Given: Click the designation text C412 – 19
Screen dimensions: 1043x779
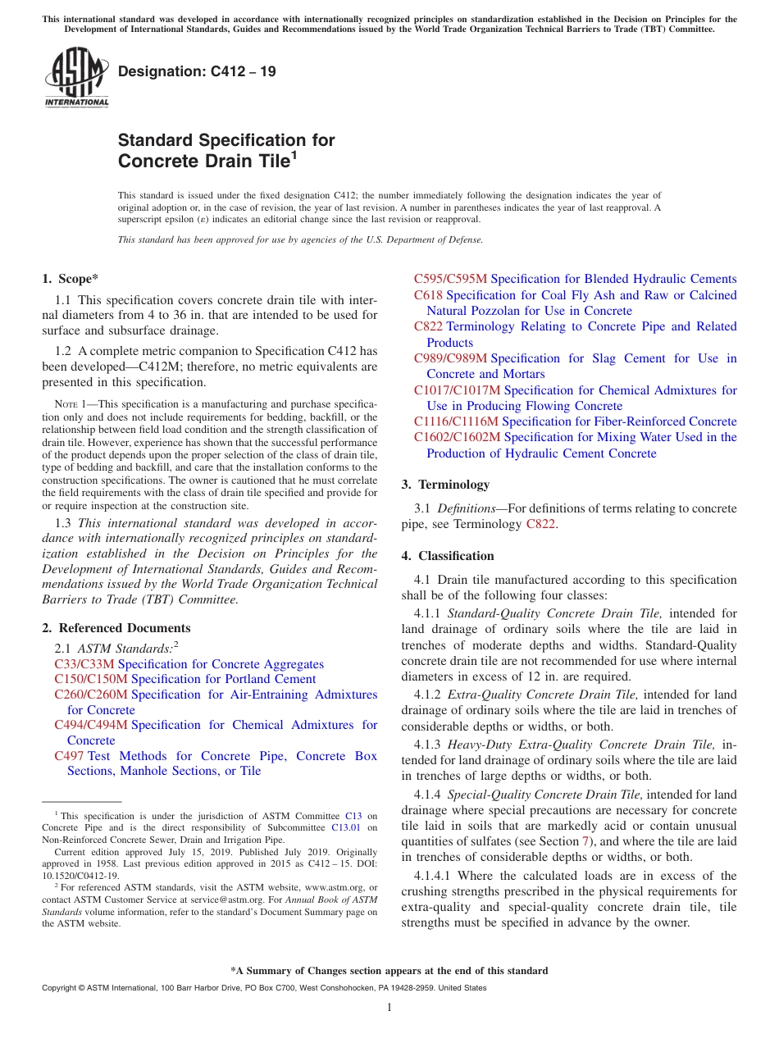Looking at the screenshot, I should pyautogui.click(x=197, y=71).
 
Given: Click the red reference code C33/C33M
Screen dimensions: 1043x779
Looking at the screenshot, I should pyautogui.click(x=84, y=664).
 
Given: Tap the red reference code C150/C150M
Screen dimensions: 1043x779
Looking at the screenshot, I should pyautogui.click(x=91, y=679).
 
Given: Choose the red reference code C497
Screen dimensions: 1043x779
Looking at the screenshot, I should pyautogui.click(x=69, y=756).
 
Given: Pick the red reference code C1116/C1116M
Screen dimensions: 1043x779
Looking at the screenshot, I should pyautogui.click(x=456, y=421).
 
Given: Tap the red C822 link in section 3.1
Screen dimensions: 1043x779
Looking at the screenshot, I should pyautogui.click(x=541, y=524).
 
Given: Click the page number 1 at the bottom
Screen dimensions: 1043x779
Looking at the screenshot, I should pyautogui.click(x=389, y=1007).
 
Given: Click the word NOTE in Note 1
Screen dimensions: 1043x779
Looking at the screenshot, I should pyautogui.click(x=66, y=405).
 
